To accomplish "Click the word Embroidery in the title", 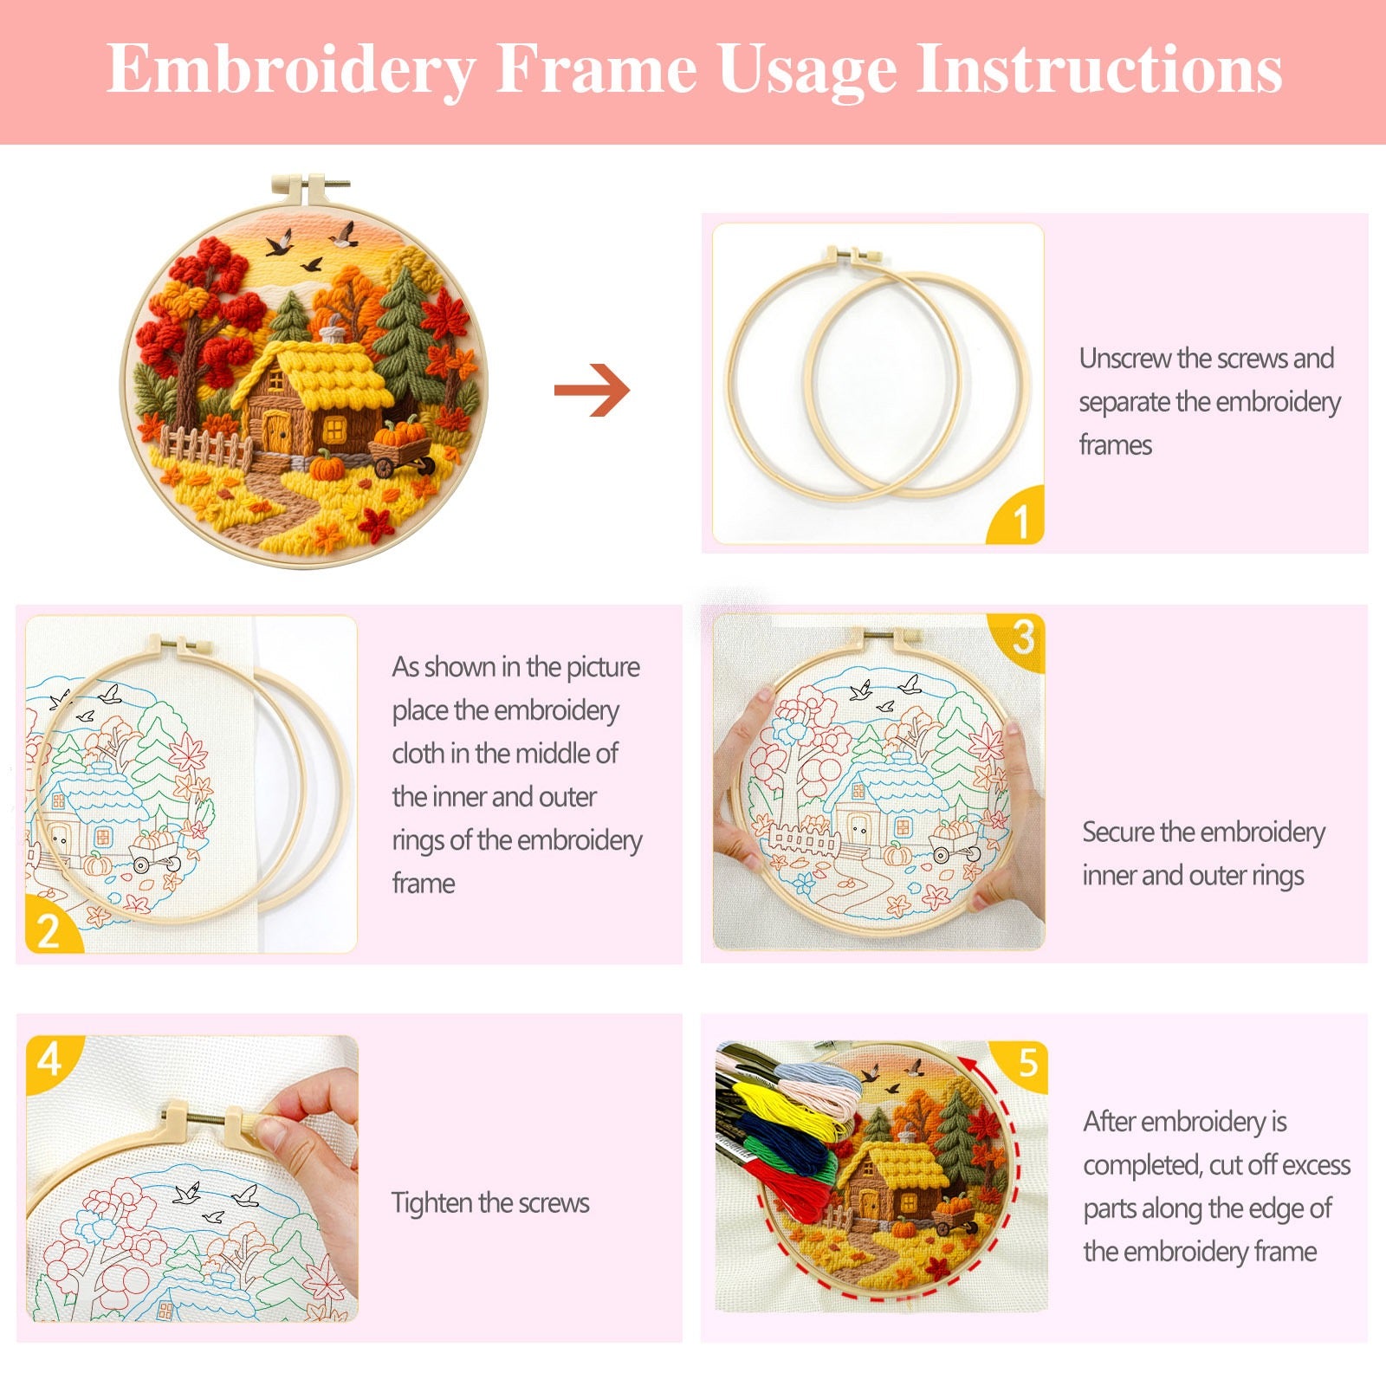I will coord(291,69).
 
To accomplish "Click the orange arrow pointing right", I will coord(593,390).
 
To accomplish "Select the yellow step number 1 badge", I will coord(1020,520).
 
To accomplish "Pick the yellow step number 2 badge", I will coord(49,929).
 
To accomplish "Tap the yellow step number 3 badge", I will coord(1023,638).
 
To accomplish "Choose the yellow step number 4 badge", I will coord(49,1059).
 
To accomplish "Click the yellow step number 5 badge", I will coord(1027,1063).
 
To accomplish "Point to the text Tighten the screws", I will coord(490,1202).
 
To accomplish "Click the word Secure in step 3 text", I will coord(1118,832).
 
